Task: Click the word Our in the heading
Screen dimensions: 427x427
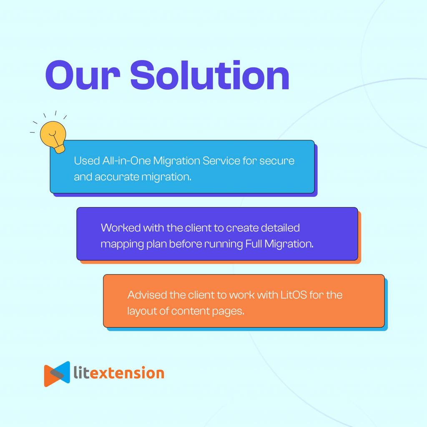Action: [x=83, y=75]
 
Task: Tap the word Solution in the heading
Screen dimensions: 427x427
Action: [x=210, y=75]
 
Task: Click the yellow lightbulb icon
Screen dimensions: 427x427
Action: [x=53, y=137]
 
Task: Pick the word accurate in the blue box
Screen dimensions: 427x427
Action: [x=117, y=177]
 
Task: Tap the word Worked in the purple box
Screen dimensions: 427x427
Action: [x=121, y=228]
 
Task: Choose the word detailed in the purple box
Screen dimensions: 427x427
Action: [x=280, y=228]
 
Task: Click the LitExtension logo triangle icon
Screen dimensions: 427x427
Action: [x=57, y=374]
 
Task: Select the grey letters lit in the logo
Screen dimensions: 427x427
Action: [x=81, y=372]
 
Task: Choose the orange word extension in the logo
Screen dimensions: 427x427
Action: [x=127, y=373]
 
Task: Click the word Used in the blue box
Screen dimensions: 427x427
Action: [x=87, y=161]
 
